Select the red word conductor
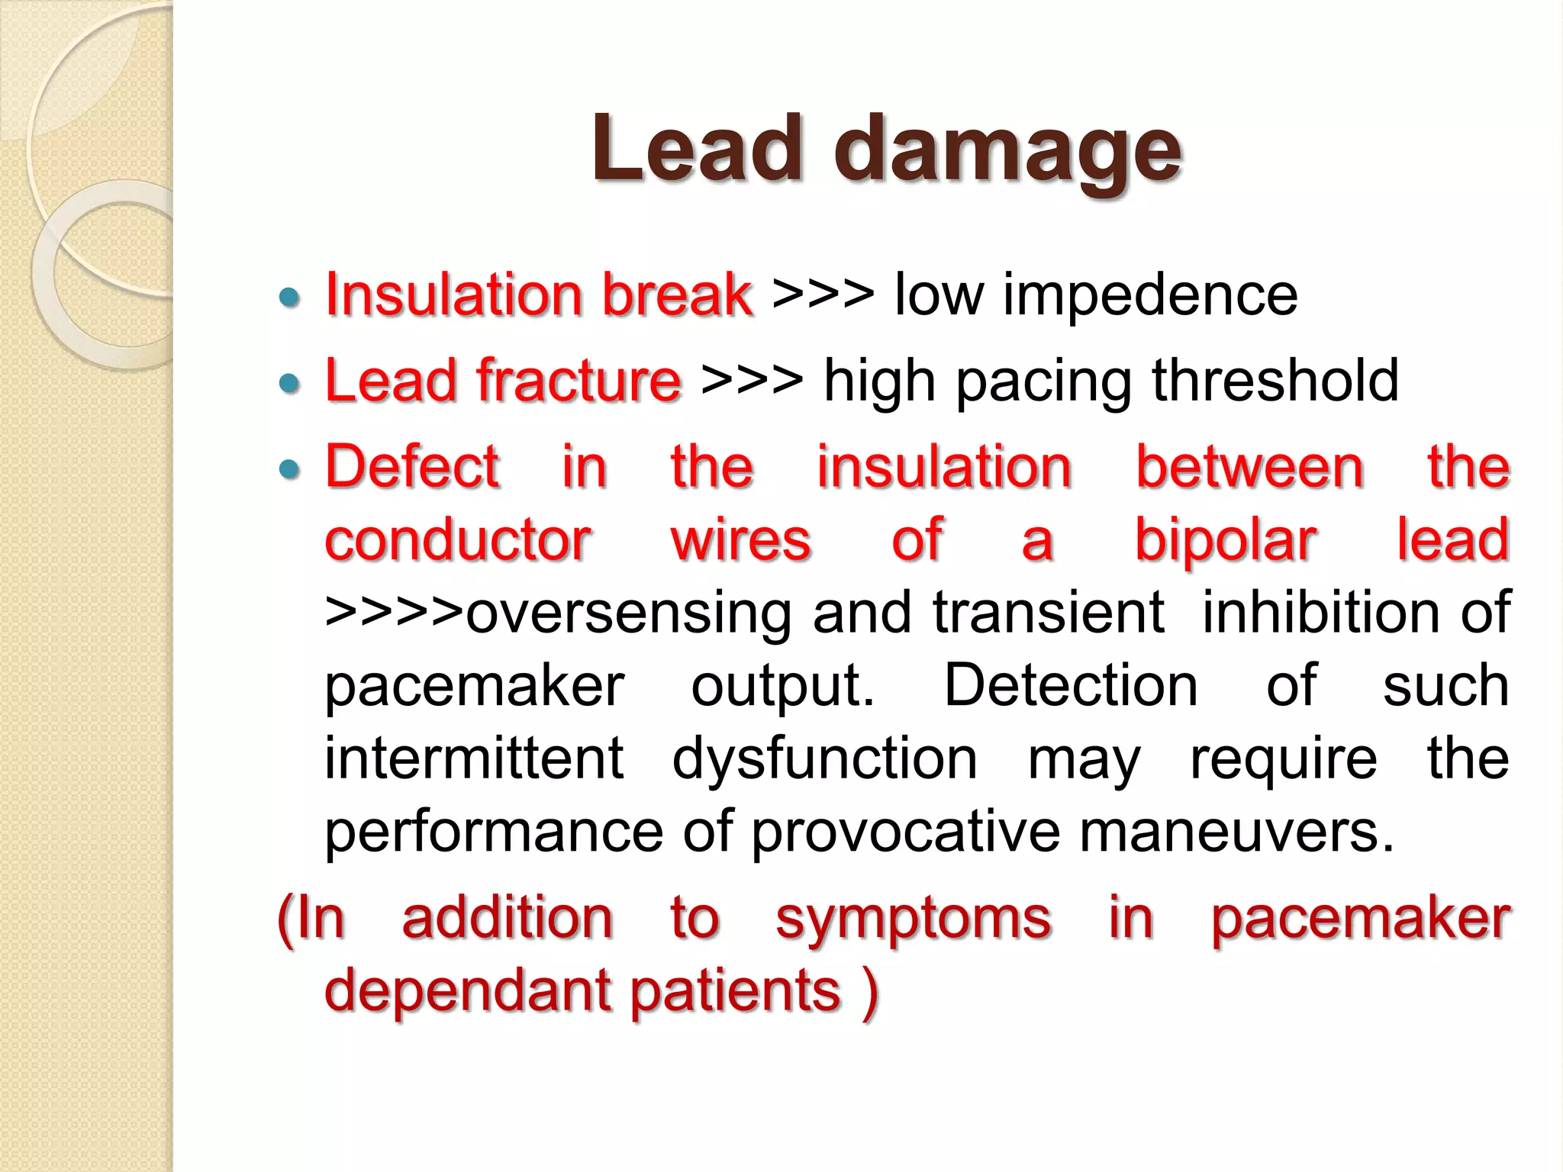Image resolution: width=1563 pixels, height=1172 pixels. pos(458,540)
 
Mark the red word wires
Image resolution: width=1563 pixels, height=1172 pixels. pos(740,540)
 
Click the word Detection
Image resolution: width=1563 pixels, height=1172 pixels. pos(1071,685)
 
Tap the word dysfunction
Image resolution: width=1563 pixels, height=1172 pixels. pos(824,758)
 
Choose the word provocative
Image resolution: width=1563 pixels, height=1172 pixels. pos(906,832)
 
